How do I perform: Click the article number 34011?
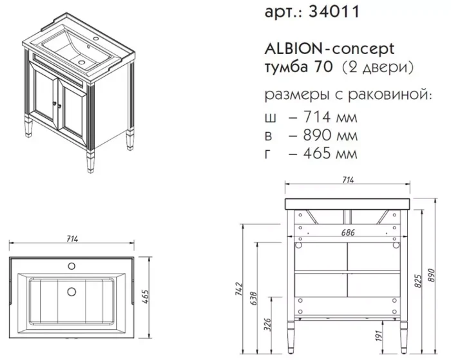click(x=334, y=12)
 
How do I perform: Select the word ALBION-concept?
click(x=329, y=50)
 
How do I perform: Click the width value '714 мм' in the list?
click(x=331, y=117)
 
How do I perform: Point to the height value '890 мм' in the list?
click(x=331, y=135)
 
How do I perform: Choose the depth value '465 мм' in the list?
click(x=331, y=153)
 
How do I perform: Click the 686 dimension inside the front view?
click(x=348, y=232)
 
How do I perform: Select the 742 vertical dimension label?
click(x=239, y=289)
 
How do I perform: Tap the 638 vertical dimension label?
click(x=253, y=298)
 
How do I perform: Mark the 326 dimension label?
click(x=267, y=325)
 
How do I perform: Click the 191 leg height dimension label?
click(x=379, y=336)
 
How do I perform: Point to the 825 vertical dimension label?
click(x=419, y=281)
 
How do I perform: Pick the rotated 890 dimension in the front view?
click(x=432, y=276)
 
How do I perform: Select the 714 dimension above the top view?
click(x=72, y=239)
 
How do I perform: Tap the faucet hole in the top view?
click(x=72, y=266)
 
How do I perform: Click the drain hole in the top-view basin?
click(x=72, y=292)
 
